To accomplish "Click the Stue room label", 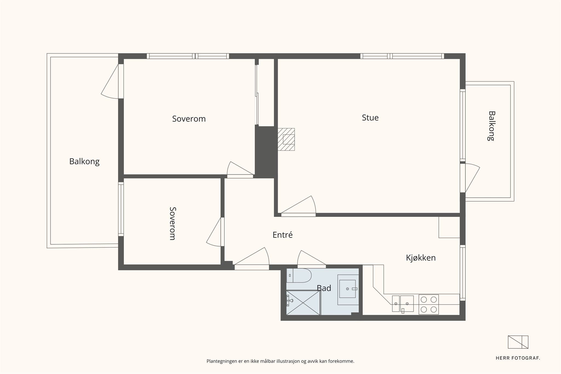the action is (370, 118).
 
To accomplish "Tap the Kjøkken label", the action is (421, 258).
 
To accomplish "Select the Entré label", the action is (283, 235).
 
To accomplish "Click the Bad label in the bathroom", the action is (324, 288).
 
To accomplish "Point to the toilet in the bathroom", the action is (299, 275).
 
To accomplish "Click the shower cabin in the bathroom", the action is (303, 303).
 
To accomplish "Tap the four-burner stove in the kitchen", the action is (429, 304).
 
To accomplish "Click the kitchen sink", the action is (403, 304).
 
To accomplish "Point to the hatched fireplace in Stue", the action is (286, 139).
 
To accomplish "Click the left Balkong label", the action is (84, 162).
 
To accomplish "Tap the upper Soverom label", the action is (189, 119).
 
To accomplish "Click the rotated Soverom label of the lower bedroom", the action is (173, 223).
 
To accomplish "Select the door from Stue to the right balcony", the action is (470, 178).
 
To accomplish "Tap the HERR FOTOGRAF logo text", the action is (518, 358).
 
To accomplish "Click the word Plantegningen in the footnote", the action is (222, 361).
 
